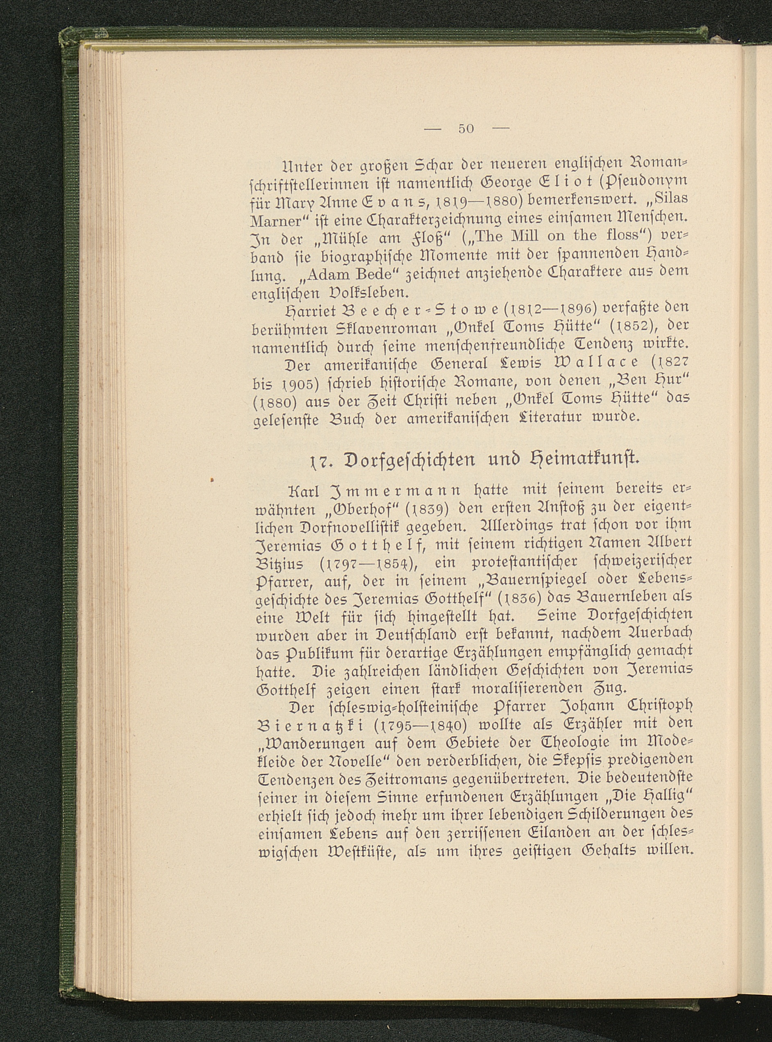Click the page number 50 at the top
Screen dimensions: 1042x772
point(466,129)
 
